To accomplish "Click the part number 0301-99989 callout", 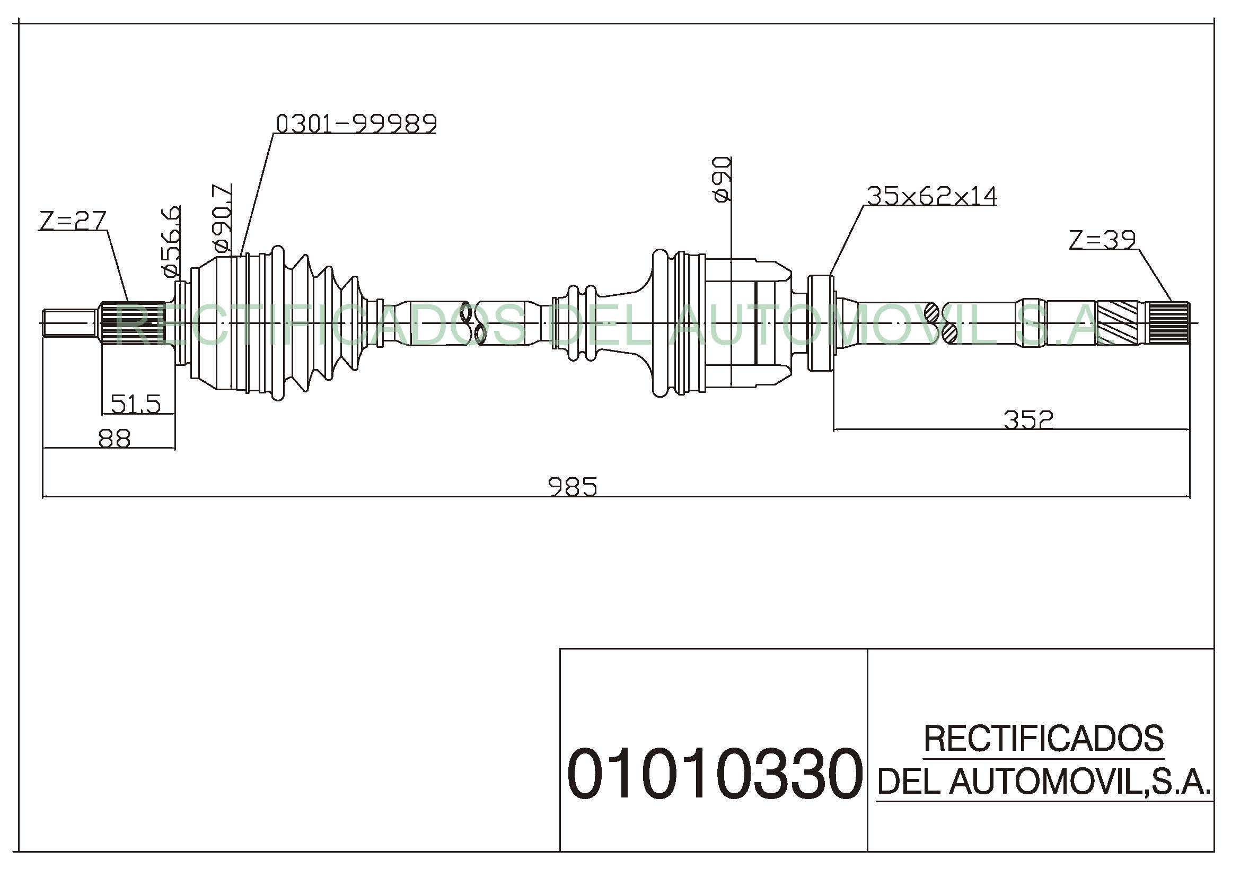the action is click(356, 124).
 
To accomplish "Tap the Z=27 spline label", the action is click(73, 221).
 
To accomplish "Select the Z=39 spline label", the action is click(1103, 239).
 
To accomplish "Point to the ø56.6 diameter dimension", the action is click(171, 241).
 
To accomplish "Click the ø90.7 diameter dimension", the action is click(223, 218).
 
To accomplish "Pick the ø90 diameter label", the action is click(722, 179).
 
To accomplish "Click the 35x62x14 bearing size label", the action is click(932, 196).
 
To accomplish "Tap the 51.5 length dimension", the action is click(136, 404).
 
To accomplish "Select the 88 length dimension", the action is click(115, 438).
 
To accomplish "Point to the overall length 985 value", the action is click(573, 487).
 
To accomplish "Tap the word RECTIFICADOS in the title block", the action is click(1043, 738).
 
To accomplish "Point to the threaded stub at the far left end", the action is click(70, 323).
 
